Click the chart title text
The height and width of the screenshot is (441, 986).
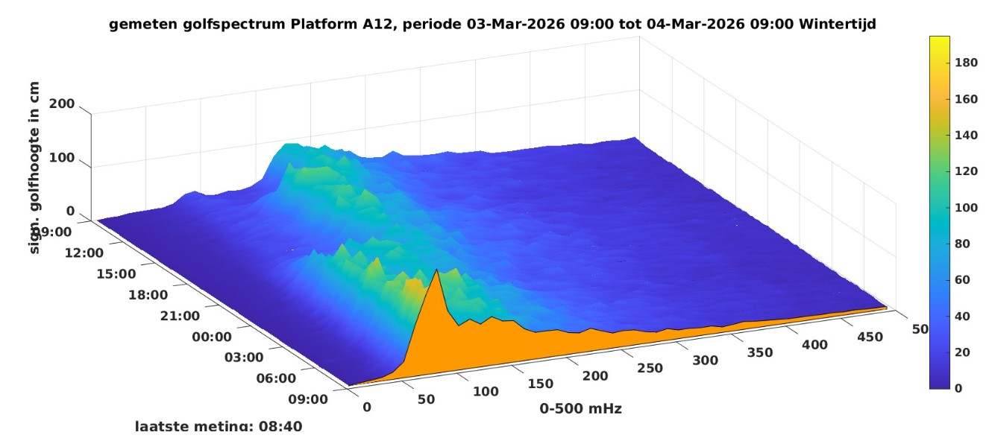(492, 24)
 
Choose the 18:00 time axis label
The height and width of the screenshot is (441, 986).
(148, 295)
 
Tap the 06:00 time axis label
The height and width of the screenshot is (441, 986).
(277, 378)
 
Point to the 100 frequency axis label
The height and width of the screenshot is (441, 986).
(486, 392)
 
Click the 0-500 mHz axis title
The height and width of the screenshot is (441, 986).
(581, 408)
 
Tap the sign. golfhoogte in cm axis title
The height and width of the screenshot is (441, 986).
(34, 168)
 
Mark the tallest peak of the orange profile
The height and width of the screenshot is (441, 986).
(436, 270)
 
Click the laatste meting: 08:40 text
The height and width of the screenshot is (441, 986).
(219, 426)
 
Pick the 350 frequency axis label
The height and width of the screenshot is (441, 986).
(759, 353)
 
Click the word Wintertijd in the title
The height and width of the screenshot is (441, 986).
(837, 24)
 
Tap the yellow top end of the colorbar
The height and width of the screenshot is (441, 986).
(938, 39)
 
